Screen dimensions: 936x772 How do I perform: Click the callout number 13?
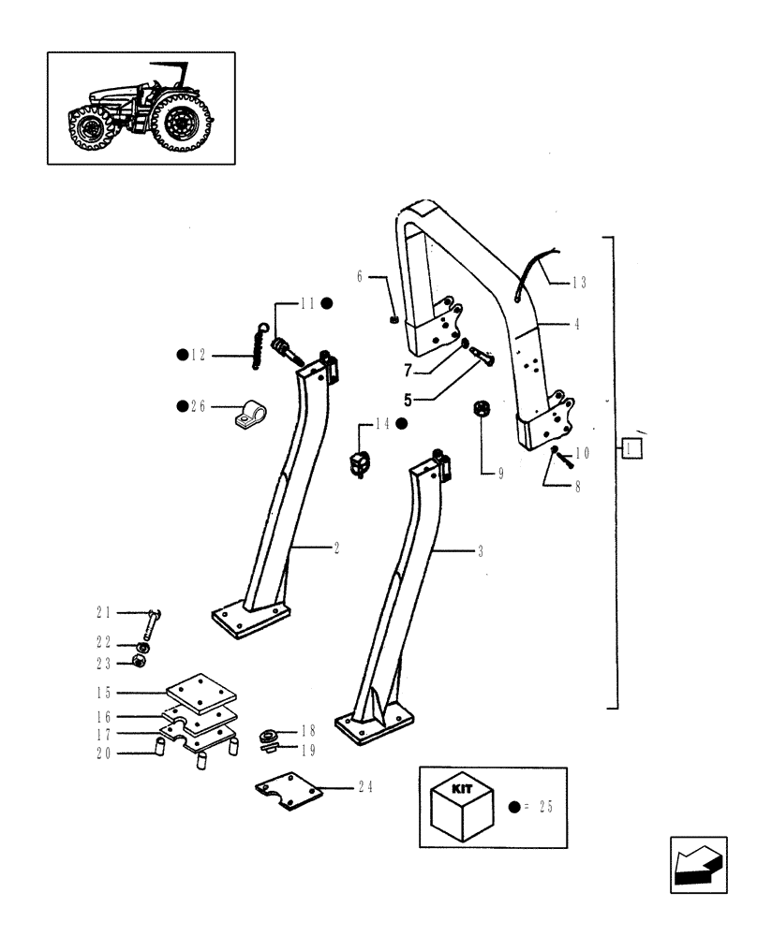(x=579, y=281)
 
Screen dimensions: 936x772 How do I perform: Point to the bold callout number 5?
(x=408, y=398)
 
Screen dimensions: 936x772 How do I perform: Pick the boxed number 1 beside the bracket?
(x=632, y=450)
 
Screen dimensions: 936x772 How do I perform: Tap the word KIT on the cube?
(x=461, y=789)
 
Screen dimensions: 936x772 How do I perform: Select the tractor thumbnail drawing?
(x=141, y=108)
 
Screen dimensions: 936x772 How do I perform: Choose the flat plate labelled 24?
(x=289, y=791)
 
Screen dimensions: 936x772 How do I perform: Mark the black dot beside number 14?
(x=401, y=424)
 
